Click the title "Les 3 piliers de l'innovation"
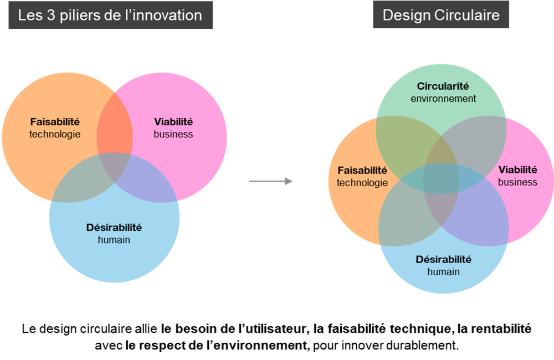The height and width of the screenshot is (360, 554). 110,16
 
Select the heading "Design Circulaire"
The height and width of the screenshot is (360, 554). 441,16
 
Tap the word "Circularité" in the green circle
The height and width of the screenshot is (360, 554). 443,86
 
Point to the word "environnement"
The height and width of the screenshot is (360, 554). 443,99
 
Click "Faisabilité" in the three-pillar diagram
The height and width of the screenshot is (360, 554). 55,122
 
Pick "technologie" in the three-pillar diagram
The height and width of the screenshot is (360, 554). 55,134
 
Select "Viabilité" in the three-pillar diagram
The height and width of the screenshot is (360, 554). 173,122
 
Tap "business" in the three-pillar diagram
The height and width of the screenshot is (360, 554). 173,134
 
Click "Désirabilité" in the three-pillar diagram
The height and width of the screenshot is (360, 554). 114,227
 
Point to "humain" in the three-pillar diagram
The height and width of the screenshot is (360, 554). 114,240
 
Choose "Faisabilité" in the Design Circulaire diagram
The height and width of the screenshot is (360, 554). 362,170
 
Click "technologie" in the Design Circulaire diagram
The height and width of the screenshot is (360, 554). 362,183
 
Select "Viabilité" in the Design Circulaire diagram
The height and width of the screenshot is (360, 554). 518,169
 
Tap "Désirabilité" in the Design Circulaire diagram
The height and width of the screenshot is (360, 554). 443,259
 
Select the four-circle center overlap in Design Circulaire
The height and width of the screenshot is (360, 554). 442,177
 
